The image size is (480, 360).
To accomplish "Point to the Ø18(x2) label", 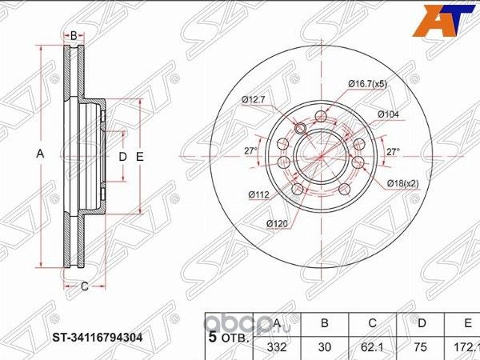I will (x=405, y=183).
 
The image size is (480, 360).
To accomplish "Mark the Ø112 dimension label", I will (x=258, y=194).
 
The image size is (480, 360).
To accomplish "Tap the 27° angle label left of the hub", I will (x=250, y=150).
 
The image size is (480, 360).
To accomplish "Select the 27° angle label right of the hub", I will (x=393, y=150).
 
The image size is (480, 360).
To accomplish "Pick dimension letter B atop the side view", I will (x=73, y=36).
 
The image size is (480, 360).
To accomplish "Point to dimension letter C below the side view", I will (x=83, y=285).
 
